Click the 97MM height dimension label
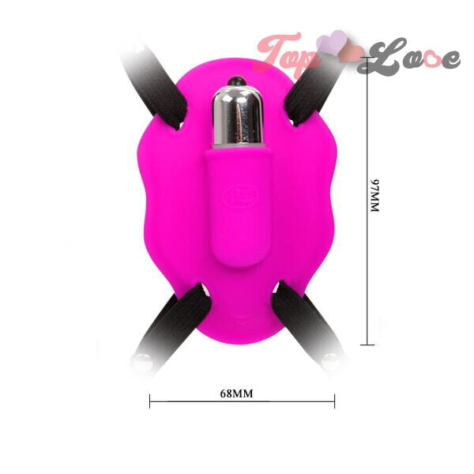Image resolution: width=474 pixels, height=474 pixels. [x=374, y=196]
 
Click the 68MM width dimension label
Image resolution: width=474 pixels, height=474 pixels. [x=236, y=393]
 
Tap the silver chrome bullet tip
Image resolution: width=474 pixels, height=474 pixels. [x=237, y=116]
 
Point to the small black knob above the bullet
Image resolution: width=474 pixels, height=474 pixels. [x=237, y=81]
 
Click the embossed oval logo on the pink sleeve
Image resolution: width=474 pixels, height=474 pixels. [x=241, y=197]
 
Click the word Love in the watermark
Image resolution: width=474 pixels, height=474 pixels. [x=408, y=57]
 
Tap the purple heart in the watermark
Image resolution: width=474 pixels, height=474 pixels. [x=332, y=43]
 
